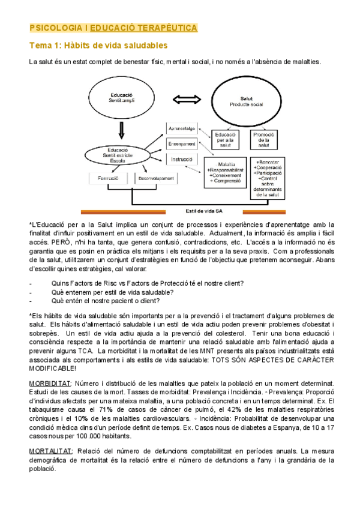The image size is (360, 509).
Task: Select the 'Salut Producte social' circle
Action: pos(247,102)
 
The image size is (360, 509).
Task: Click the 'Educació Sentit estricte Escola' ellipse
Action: pos(122,155)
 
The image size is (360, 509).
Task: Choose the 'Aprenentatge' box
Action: pos(181,128)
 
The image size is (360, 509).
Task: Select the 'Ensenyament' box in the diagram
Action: pos(181,144)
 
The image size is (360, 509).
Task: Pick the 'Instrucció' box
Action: pos(181,160)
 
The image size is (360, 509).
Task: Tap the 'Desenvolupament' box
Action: pos(155,178)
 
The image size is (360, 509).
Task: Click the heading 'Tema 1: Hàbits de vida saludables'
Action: pos(98,45)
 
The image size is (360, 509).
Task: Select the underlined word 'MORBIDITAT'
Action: pos(50,383)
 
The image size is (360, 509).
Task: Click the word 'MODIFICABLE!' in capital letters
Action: pos(53,368)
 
